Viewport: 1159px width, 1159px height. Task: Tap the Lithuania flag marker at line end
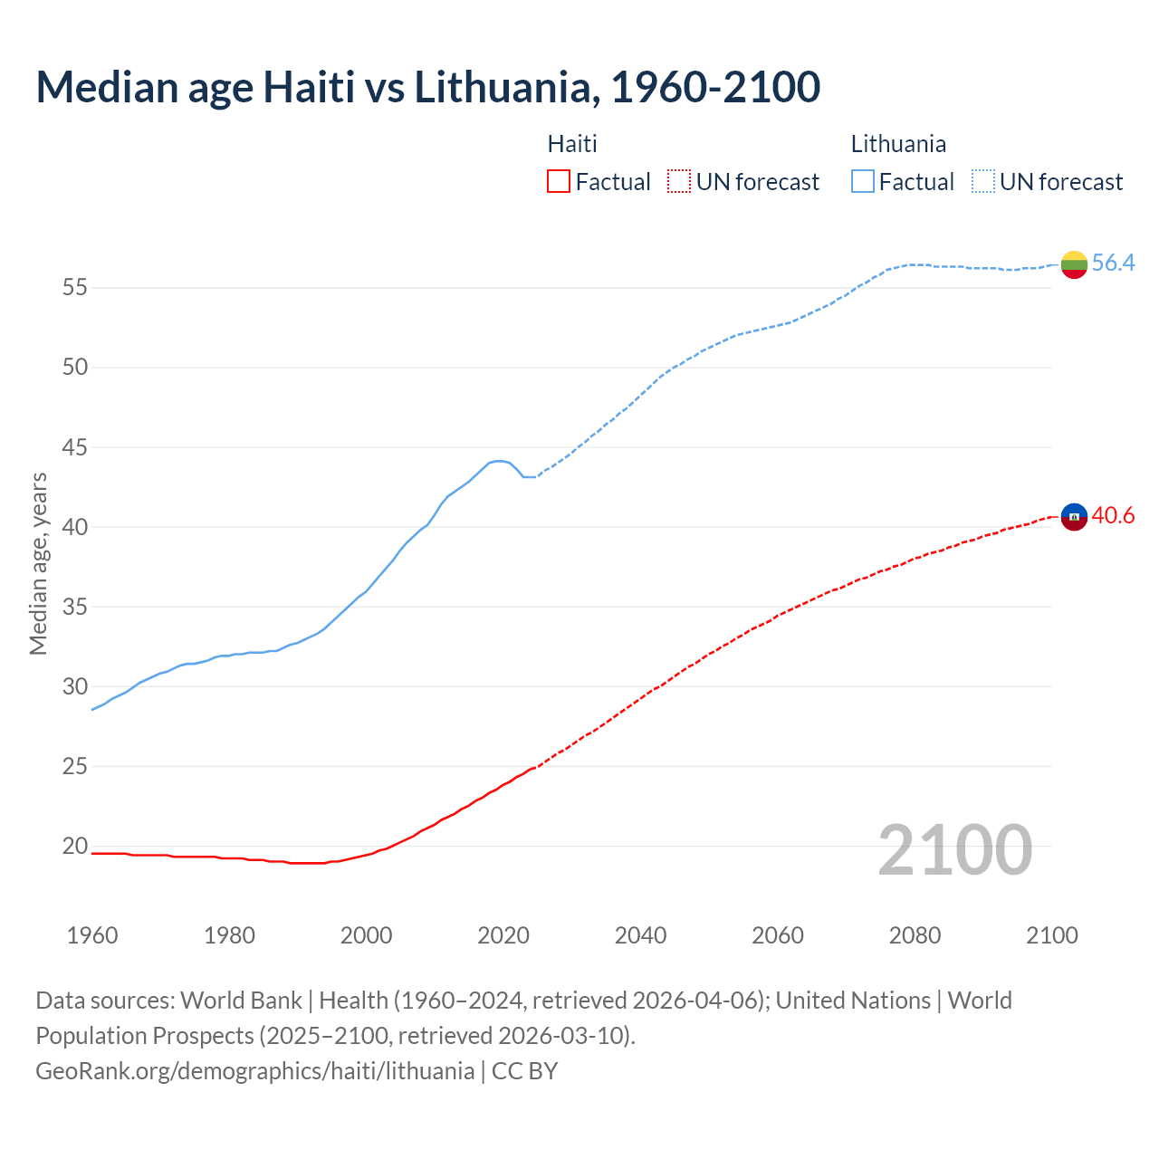pyautogui.click(x=1074, y=264)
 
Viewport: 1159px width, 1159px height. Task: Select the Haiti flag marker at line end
pyautogui.click(x=1074, y=517)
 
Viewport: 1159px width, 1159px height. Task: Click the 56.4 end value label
pyautogui.click(x=1113, y=263)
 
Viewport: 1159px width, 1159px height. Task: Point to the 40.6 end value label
pyautogui.click(x=1113, y=515)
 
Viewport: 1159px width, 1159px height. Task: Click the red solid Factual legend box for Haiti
pyautogui.click(x=559, y=182)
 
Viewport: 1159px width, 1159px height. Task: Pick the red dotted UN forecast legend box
pyautogui.click(x=679, y=182)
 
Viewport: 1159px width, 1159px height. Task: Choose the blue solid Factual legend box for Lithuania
pyautogui.click(x=862, y=182)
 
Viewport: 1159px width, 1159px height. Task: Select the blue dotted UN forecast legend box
pyautogui.click(x=982, y=182)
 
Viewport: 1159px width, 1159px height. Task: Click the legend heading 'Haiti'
pyautogui.click(x=572, y=144)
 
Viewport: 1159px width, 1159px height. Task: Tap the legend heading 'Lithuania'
pyautogui.click(x=898, y=144)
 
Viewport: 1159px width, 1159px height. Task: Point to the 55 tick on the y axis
pyautogui.click(x=74, y=288)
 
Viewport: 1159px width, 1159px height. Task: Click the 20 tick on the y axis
pyautogui.click(x=74, y=847)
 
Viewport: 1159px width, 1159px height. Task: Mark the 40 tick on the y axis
pyautogui.click(x=74, y=527)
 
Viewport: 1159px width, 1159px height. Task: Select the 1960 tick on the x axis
pyautogui.click(x=92, y=935)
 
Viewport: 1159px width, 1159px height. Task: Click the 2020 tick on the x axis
pyautogui.click(x=503, y=935)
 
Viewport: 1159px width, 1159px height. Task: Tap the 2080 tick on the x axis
pyautogui.click(x=915, y=935)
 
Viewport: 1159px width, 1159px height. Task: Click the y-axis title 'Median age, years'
pyautogui.click(x=38, y=563)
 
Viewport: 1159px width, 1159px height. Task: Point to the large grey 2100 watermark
pyautogui.click(x=954, y=849)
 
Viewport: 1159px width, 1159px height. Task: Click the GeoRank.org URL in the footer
pyautogui.click(x=254, y=1070)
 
